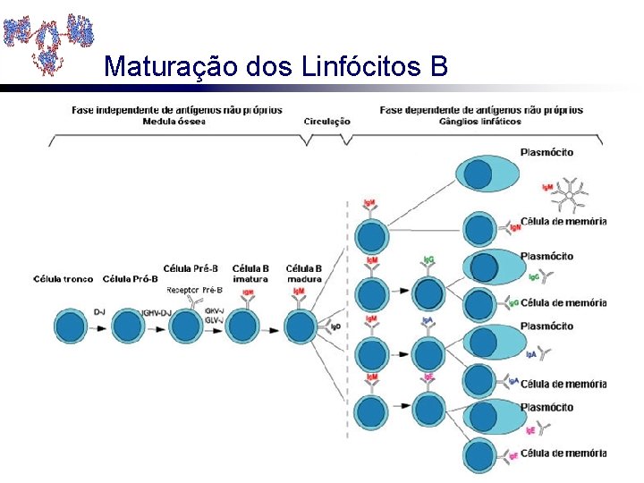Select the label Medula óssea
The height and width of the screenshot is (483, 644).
(174, 122)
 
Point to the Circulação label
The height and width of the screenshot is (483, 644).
(327, 122)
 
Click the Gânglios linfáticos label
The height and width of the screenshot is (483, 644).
(481, 122)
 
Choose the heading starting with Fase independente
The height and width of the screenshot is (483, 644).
(177, 110)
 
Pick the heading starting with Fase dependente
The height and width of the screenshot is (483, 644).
(481, 110)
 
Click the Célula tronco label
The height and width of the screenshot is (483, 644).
(64, 279)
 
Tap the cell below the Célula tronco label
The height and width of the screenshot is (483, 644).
(72, 326)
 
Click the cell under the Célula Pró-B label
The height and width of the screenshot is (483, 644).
(129, 326)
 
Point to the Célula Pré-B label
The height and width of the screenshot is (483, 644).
(191, 268)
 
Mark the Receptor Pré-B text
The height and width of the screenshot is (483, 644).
(194, 290)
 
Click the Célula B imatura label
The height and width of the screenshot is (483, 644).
(250, 274)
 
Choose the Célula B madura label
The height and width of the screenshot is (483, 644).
(304, 274)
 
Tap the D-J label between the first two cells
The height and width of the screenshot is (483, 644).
(99, 311)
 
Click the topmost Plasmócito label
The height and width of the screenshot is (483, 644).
(547, 152)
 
